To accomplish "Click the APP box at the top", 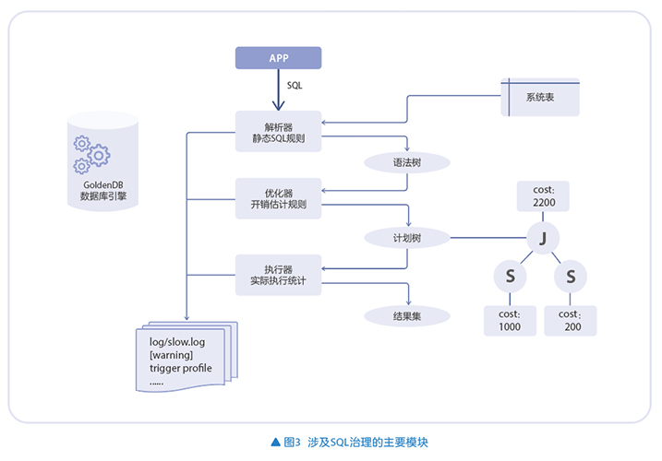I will pyautogui.click(x=278, y=57).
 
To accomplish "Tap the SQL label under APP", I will pyautogui.click(x=295, y=85).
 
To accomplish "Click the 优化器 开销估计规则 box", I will pyautogui.click(x=278, y=199).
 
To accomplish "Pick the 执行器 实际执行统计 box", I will pyautogui.click(x=278, y=274).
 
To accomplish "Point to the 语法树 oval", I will pyautogui.click(x=407, y=162).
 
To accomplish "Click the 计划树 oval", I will pyautogui.click(x=407, y=238).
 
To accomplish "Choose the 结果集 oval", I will pyautogui.click(x=407, y=315).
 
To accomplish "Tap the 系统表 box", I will pyautogui.click(x=540, y=97).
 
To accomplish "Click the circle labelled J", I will pyautogui.click(x=543, y=238).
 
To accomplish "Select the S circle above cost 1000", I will pyautogui.click(x=510, y=276).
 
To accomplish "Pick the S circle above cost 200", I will pyautogui.click(x=571, y=276).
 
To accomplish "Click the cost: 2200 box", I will pyautogui.click(x=543, y=195).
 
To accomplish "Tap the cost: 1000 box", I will pyautogui.click(x=510, y=320).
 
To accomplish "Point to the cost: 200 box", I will pyautogui.click(x=571, y=320).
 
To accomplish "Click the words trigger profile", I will pyautogui.click(x=181, y=368).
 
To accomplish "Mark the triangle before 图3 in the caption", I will pyautogui.click(x=275, y=442).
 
